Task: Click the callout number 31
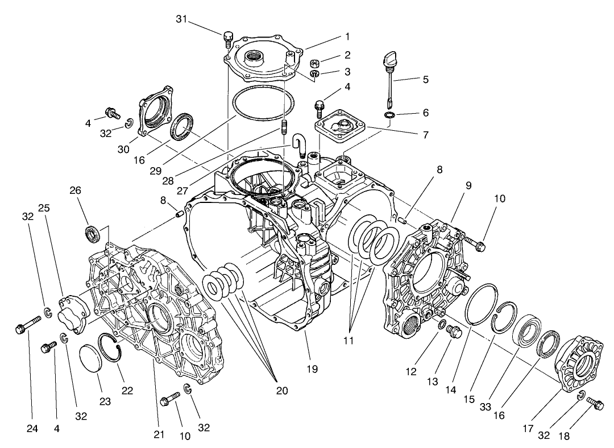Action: click(x=181, y=19)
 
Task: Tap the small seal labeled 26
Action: click(x=92, y=233)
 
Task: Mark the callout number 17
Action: click(x=528, y=429)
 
